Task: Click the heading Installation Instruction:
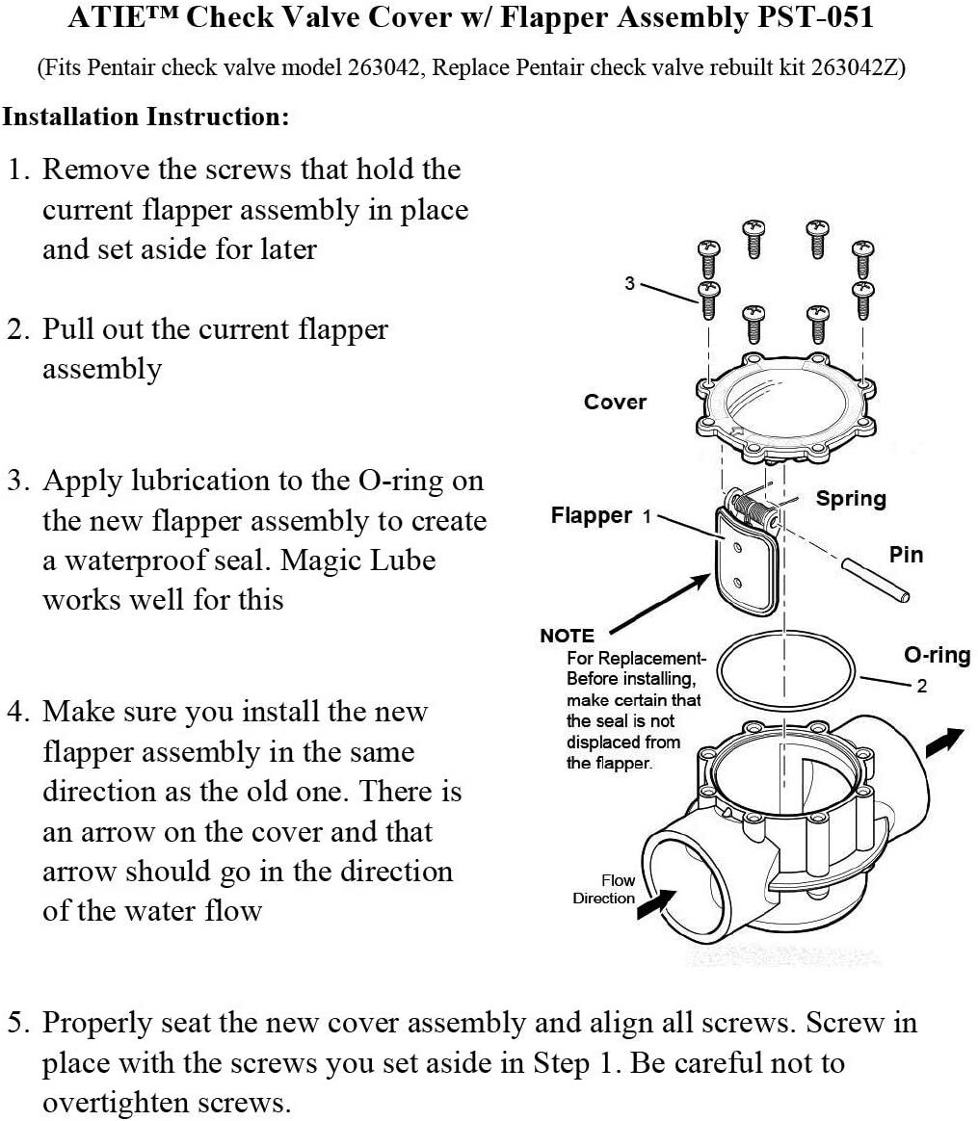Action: (x=145, y=117)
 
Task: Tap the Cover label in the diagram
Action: (x=615, y=402)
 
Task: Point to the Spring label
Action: (x=851, y=499)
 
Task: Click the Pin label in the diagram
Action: (x=906, y=554)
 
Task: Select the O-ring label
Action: (x=938, y=655)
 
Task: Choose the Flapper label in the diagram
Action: (x=591, y=515)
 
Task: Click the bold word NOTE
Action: (x=568, y=636)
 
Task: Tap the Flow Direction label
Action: (x=604, y=889)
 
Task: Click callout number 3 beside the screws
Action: (x=629, y=284)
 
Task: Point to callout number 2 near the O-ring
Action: (x=921, y=687)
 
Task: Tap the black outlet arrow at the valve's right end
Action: (x=944, y=743)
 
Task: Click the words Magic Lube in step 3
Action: (x=357, y=560)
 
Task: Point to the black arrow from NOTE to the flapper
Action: (x=658, y=604)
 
